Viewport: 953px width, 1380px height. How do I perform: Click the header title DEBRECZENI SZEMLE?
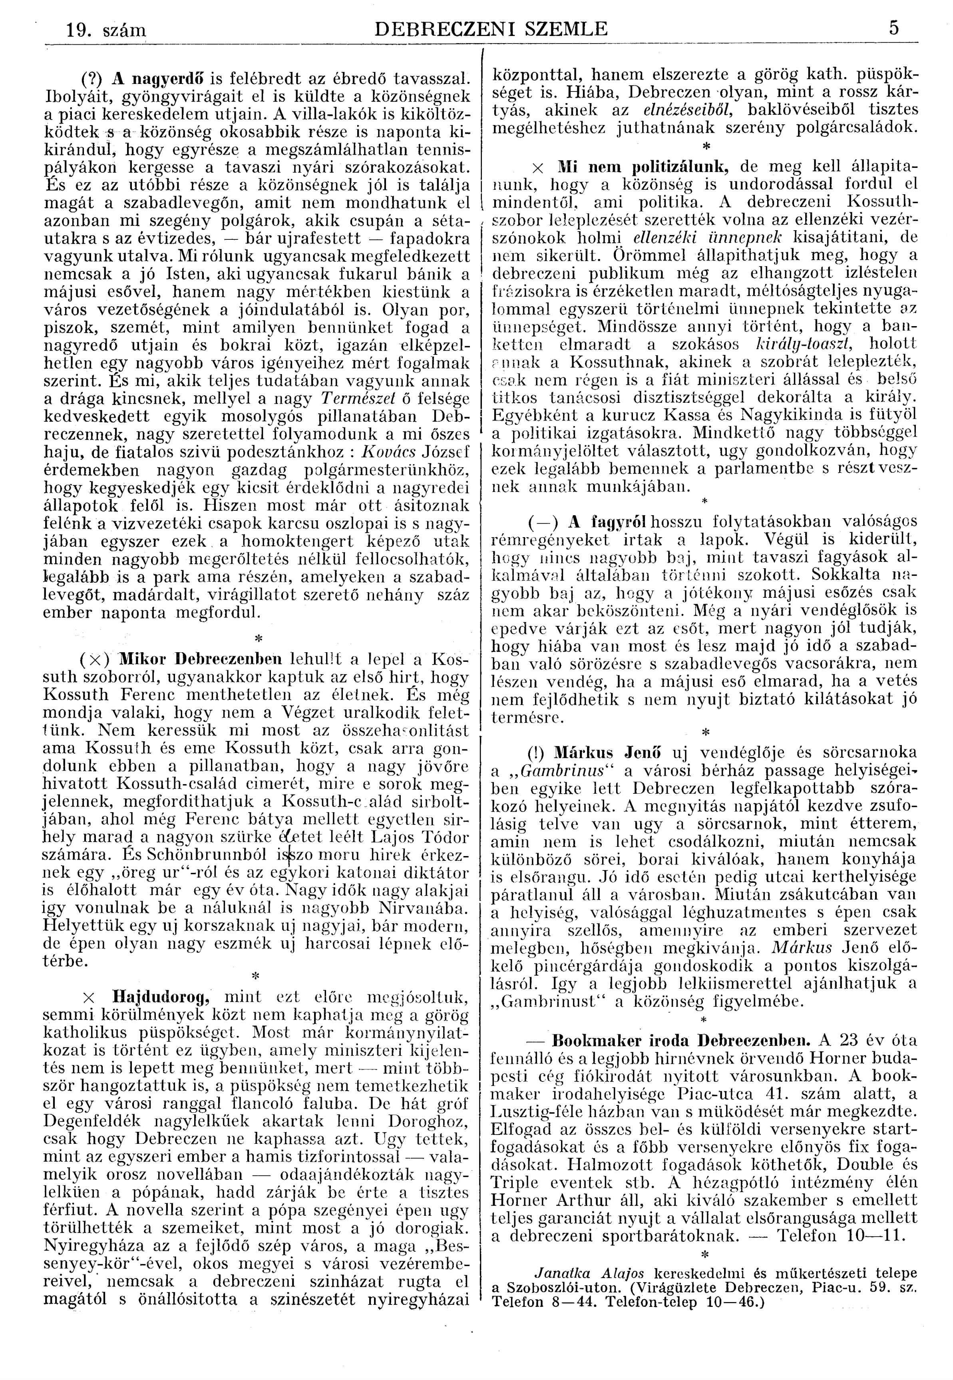pyautogui.click(x=489, y=29)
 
